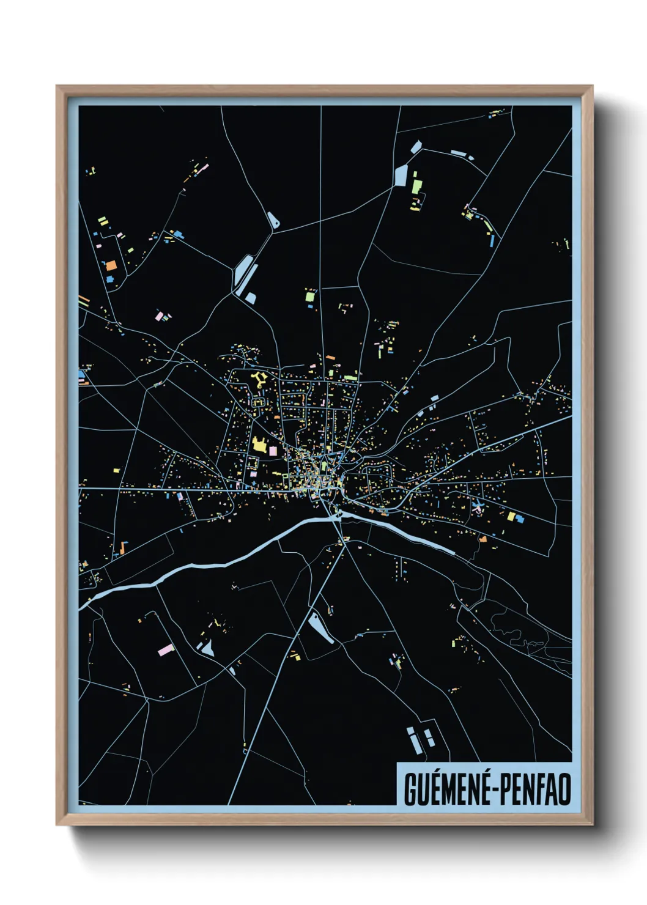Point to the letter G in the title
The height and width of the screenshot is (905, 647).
pyautogui.click(x=410, y=789)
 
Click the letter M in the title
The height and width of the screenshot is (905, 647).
pyautogui.click(x=447, y=789)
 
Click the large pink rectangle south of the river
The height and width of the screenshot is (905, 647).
pyautogui.click(x=166, y=649)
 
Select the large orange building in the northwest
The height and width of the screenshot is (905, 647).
pyautogui.click(x=111, y=266)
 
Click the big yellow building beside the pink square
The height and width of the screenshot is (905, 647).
pyautogui.click(x=259, y=445)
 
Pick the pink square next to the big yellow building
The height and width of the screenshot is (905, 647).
pyautogui.click(x=273, y=451)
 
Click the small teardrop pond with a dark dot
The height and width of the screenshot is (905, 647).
pyautogui.click(x=273, y=221)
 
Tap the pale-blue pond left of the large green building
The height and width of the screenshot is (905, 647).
pyautogui.click(x=401, y=175)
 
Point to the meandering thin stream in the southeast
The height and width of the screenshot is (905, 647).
pyautogui.click(x=520, y=636)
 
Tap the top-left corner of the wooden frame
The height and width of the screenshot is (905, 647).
pyautogui.click(x=57, y=87)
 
